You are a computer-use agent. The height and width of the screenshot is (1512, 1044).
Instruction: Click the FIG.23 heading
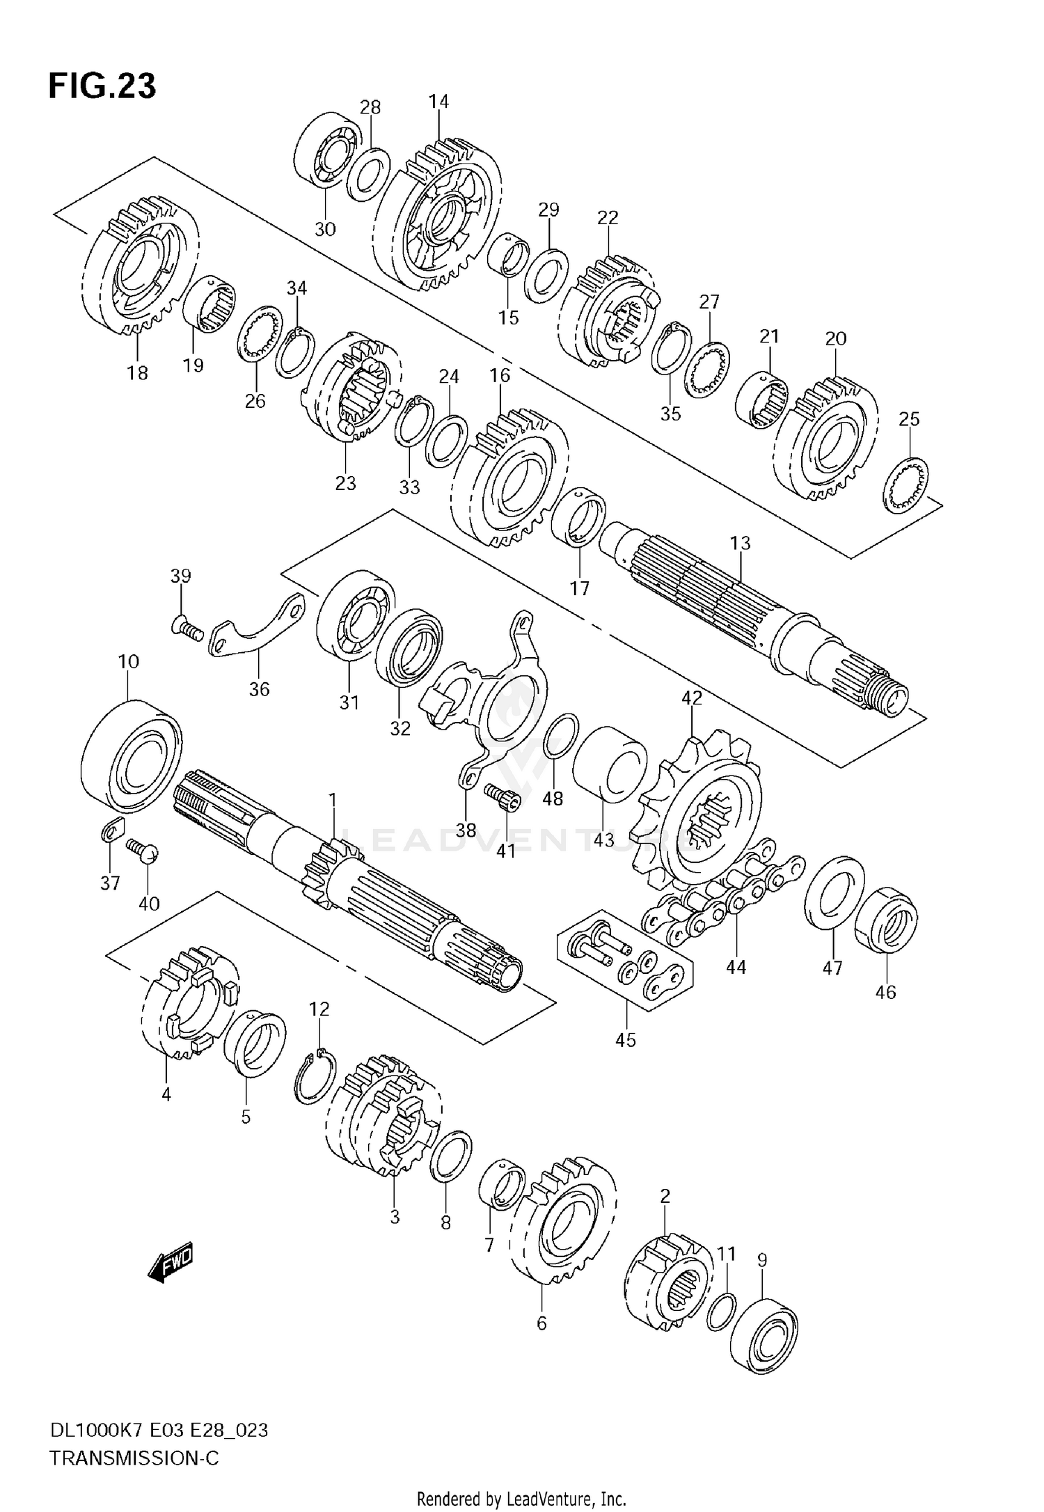[x=102, y=86]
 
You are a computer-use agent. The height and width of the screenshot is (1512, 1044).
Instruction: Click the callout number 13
[x=741, y=542]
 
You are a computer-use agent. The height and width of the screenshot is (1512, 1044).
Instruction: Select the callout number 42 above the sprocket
[x=692, y=698]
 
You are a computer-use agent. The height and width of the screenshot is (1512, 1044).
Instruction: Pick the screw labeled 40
[x=143, y=851]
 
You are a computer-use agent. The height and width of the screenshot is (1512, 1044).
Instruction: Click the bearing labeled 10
[x=132, y=757]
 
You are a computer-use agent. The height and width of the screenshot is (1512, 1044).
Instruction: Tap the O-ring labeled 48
[x=560, y=735]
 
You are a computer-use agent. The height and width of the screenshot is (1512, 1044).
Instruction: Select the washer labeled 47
[x=835, y=893]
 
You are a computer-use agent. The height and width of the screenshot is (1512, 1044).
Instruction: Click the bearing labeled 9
[x=764, y=1334]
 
